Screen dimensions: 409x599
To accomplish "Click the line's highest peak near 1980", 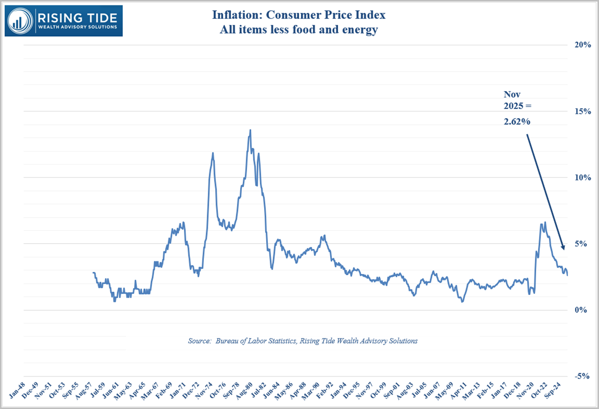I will pyautogui.click(x=250, y=130).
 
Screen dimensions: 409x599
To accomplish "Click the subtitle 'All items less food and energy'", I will pyautogui.click(x=299, y=30).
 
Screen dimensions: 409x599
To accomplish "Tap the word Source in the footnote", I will pyautogui.click(x=200, y=341).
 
